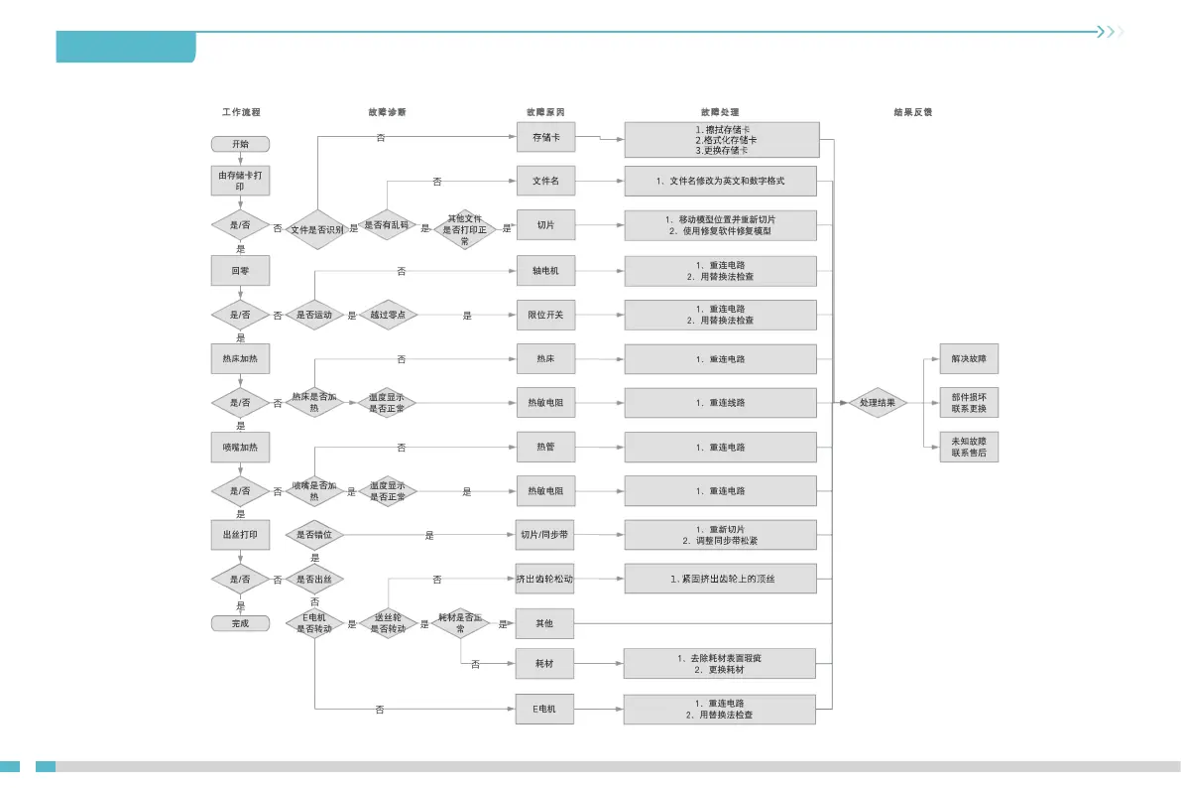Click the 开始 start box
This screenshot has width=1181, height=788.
tap(240, 144)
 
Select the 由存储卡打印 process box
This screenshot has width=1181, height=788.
tap(240, 181)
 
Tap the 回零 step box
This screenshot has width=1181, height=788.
tap(240, 270)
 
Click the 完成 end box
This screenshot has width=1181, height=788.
tap(240, 623)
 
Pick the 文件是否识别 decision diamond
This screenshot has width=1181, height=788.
tap(315, 229)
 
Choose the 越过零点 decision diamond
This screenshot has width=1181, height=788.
tap(388, 315)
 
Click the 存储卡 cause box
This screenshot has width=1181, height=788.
tap(545, 137)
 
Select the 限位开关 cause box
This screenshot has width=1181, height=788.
tap(545, 315)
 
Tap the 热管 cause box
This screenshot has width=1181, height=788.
tap(545, 448)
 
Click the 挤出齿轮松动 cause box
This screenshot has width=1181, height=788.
tap(545, 579)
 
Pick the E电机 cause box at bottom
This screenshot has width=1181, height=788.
tap(545, 709)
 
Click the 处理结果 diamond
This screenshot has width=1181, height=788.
tap(878, 403)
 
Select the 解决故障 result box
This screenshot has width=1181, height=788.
tap(969, 358)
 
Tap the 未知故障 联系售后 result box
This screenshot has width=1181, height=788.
tap(969, 447)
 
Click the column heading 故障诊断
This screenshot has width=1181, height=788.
tap(387, 112)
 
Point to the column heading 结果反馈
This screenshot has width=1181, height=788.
tap(912, 112)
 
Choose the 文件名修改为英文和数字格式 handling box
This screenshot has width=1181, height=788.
tap(721, 182)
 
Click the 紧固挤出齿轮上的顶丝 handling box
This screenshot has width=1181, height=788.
tap(721, 579)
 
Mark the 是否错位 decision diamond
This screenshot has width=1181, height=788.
tap(315, 535)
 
